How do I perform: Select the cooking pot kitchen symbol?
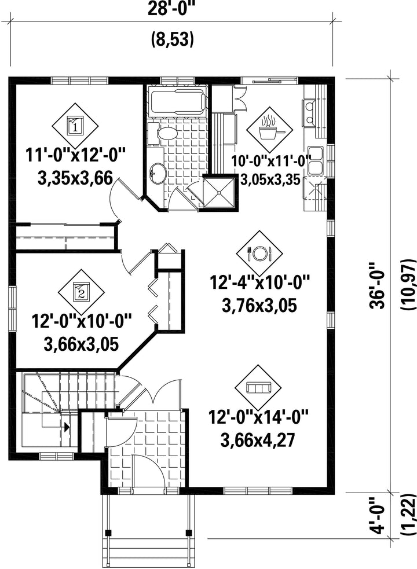269,130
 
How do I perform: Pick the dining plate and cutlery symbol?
259,254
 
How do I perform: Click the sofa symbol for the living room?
258,388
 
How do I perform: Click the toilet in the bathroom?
163,134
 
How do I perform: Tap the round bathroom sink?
158,172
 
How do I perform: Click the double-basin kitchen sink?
315,160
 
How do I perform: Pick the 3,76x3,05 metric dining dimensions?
259,305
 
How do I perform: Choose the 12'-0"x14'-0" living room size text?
258,417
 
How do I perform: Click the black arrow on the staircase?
67,427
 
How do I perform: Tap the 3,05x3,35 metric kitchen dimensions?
270,179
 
